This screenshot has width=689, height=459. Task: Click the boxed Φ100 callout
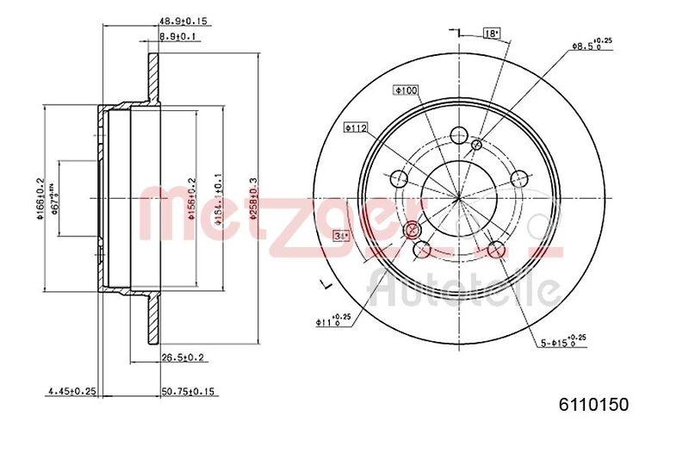pos(406,90)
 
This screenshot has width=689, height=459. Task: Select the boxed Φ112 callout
pos(356,127)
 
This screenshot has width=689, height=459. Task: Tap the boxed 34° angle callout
pos(341,234)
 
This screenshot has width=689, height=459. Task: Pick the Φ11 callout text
pos(332,322)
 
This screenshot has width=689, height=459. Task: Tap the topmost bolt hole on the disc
pos(459,135)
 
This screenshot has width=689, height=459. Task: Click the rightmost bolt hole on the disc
pos(518,178)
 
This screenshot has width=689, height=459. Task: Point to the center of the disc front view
pos(459,198)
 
